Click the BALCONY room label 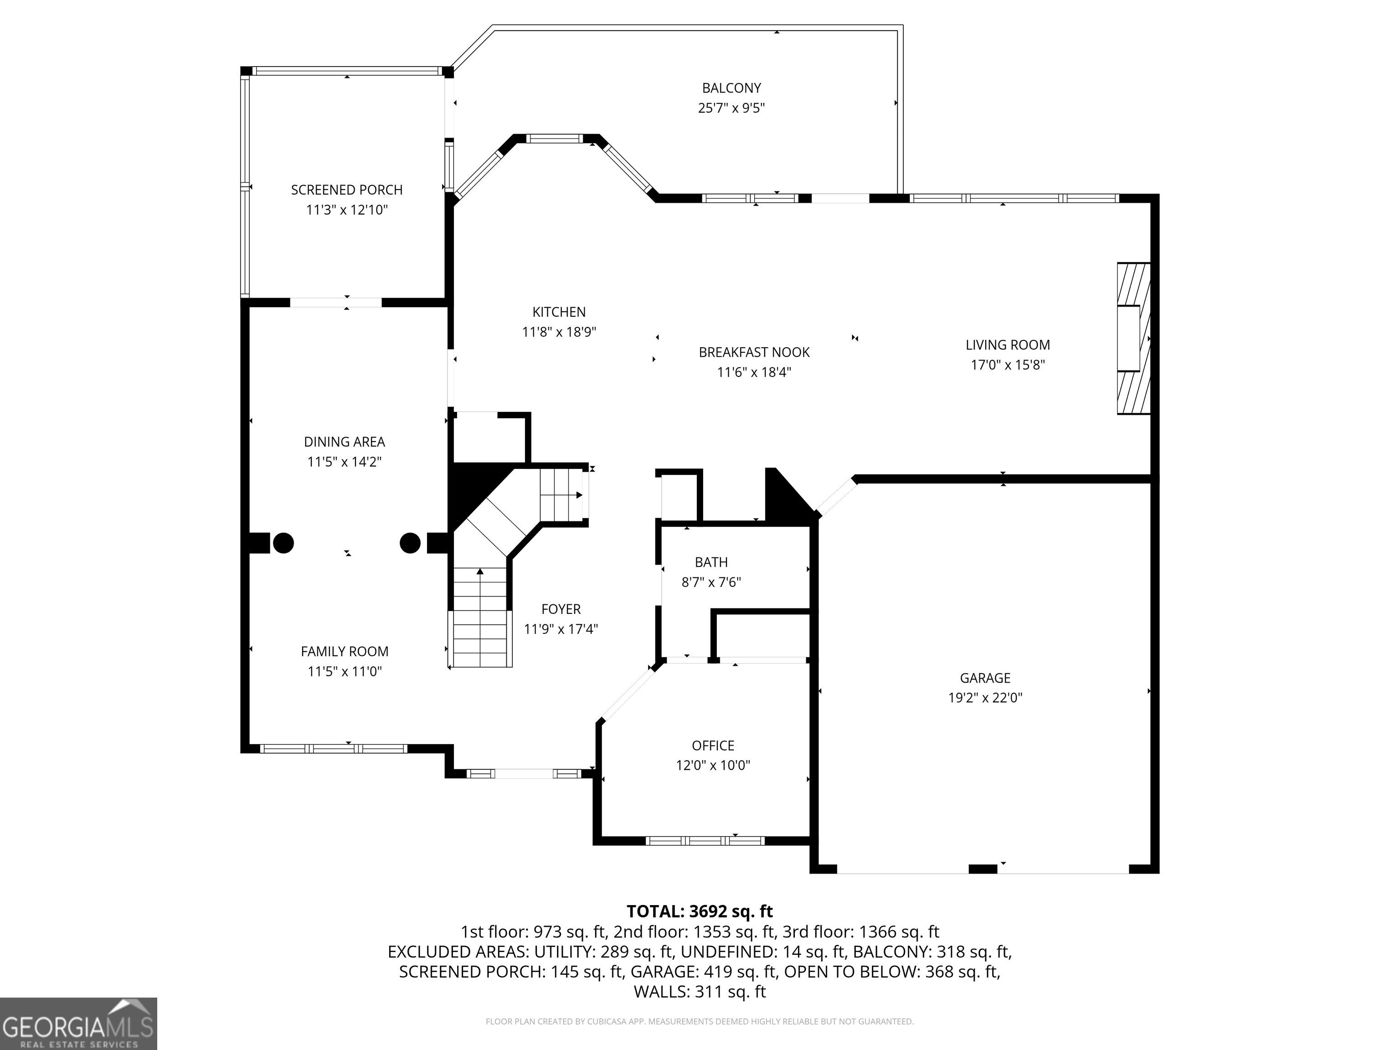point(731,88)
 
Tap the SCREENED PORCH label point(347,190)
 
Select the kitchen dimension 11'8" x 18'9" point(559,332)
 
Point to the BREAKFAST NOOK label point(754,352)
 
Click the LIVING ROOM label point(1008,345)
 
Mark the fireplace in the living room point(1133,339)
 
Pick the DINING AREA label point(345,442)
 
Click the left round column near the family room point(283,543)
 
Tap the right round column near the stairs point(410,543)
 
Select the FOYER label point(561,609)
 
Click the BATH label point(711,562)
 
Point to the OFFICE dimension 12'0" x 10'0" point(713,765)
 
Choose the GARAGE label point(985,678)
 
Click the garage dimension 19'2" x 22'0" point(985,697)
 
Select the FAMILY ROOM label point(345,651)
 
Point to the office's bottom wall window point(705,841)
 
